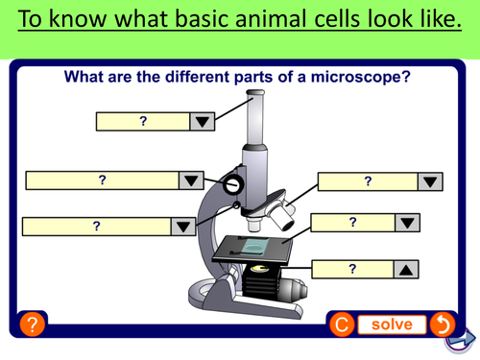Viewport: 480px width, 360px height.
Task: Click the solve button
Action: (x=392, y=324)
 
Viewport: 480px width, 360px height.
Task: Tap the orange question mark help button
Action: (x=32, y=324)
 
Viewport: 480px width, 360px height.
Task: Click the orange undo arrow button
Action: (x=443, y=324)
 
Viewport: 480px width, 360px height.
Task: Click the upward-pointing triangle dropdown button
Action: (x=407, y=269)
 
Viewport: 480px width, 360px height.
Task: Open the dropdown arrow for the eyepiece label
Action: (x=202, y=121)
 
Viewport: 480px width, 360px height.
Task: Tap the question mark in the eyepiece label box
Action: (x=143, y=121)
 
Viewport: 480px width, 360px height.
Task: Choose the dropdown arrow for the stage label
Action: (x=407, y=223)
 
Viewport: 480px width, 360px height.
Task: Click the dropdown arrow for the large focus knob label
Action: (x=190, y=180)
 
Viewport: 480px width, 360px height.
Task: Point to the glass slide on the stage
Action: (x=254, y=248)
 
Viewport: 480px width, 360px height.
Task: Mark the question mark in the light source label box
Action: (x=352, y=269)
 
